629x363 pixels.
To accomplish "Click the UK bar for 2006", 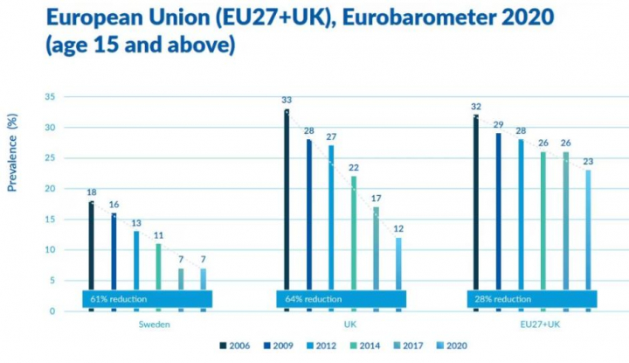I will tap(286, 201).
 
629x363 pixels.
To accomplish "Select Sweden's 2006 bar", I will tap(90, 245).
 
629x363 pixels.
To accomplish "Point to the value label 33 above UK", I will tap(286, 101).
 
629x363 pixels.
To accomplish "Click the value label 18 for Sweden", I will tap(91, 192).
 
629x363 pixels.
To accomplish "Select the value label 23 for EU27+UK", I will tap(588, 161).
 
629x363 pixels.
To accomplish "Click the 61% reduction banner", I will tap(146, 299).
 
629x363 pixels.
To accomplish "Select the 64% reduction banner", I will tap(342, 299).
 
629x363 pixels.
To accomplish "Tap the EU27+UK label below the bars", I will tap(532, 324).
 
